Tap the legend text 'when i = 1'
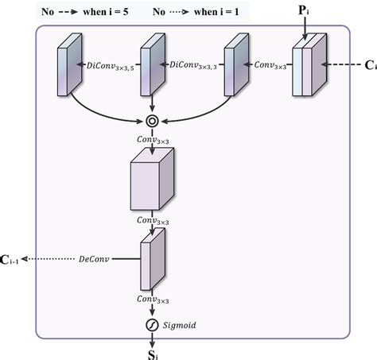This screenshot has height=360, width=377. (215, 11)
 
